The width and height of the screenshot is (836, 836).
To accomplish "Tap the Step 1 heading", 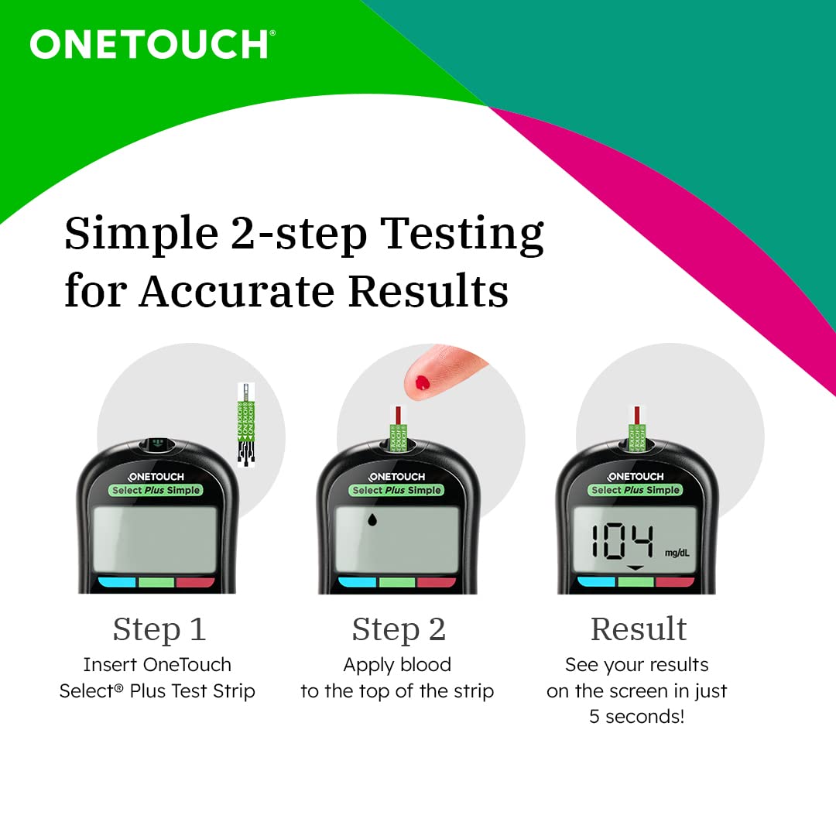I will pyautogui.click(x=159, y=629).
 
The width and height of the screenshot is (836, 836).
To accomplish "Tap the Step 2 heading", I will pyautogui.click(x=398, y=629).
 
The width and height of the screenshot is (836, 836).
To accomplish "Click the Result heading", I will pyautogui.click(x=638, y=629).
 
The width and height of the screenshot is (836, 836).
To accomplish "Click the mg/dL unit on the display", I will pyautogui.click(x=676, y=553).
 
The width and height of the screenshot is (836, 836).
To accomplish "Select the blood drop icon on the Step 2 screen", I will pyautogui.click(x=372, y=520).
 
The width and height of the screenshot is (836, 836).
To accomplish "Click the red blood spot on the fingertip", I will pyautogui.click(x=422, y=381).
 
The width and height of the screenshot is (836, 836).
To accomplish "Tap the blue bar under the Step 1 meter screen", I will pyautogui.click(x=117, y=582).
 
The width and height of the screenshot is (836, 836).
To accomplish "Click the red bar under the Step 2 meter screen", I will pyautogui.click(x=437, y=582).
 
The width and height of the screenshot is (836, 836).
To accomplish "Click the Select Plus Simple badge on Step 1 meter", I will pyautogui.click(x=156, y=490).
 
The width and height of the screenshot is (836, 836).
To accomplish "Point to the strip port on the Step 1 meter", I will pyautogui.click(x=158, y=445).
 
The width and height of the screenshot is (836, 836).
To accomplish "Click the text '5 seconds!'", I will pyautogui.click(x=636, y=716).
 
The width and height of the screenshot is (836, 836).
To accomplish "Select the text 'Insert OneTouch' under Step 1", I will pyautogui.click(x=157, y=664).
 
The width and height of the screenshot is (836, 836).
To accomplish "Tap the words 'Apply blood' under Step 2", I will pyautogui.click(x=397, y=664).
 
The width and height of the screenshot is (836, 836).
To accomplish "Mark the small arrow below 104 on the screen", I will pyautogui.click(x=635, y=567).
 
